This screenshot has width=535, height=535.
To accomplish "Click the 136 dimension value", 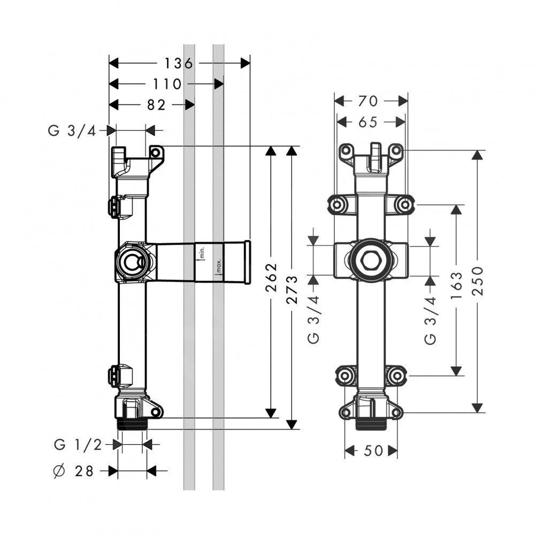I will pos(178,63).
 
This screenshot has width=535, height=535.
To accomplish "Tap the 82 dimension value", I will pos(156,105).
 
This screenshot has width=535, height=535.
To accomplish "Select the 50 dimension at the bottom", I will pos(371,452).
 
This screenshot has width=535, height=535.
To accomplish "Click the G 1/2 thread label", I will pos(79,444).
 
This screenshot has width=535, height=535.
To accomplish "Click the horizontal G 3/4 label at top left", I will pos(72,131).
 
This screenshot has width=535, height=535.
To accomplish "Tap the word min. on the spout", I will pos(202,251).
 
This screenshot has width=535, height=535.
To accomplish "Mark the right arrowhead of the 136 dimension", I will pos(246,63).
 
